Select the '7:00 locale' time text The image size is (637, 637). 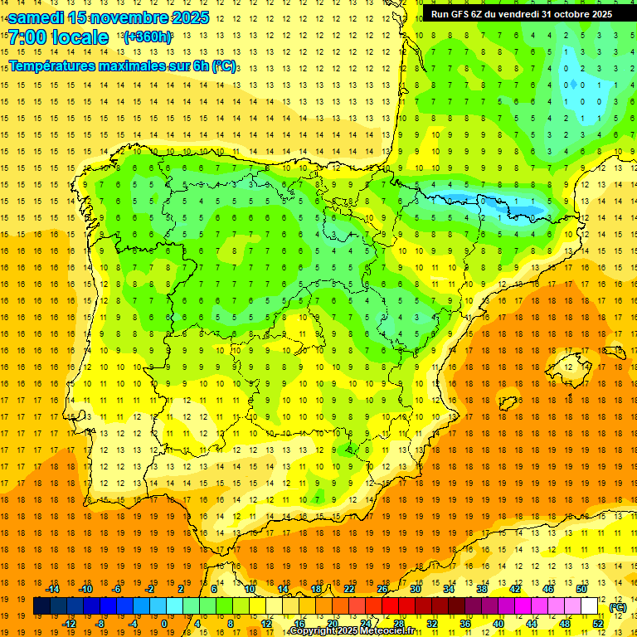[58, 37]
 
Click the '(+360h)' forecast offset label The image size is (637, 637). [147, 37]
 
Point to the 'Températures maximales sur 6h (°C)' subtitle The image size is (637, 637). [121, 66]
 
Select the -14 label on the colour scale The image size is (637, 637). [52, 589]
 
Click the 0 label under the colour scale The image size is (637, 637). [164, 624]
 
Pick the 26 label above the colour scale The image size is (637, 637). [382, 589]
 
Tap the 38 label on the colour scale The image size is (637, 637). [482, 589]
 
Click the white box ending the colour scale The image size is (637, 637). [589, 606]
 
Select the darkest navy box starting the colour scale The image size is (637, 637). [41, 606]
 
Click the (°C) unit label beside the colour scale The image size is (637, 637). [617, 607]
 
